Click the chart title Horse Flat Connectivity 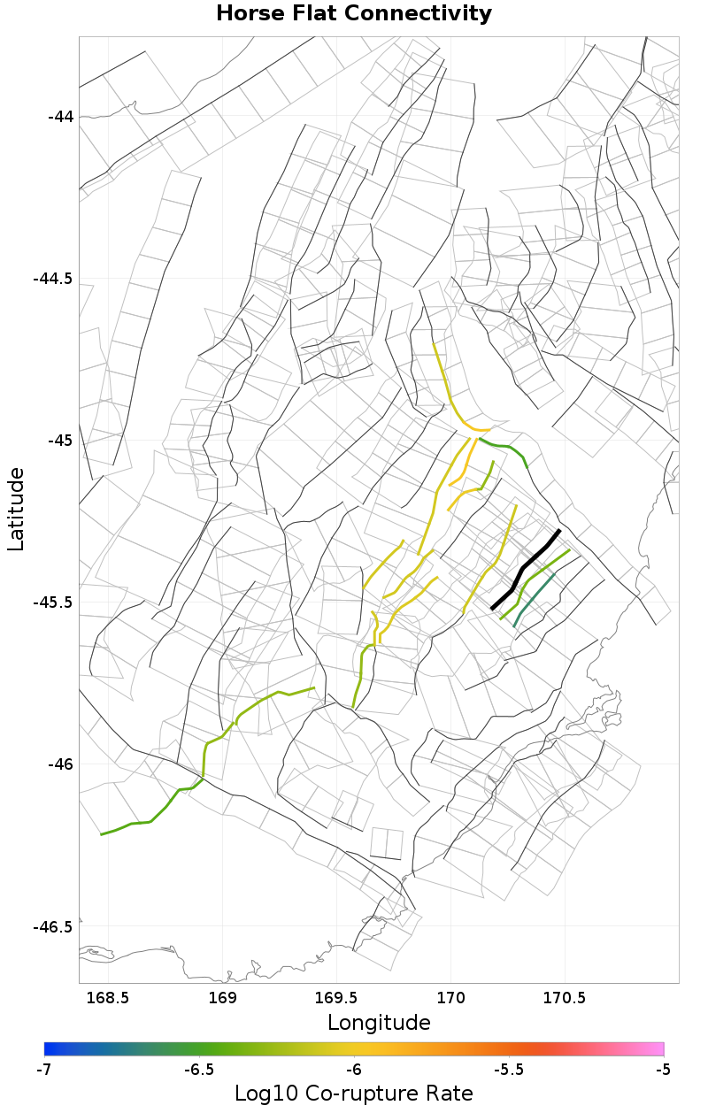[x=354, y=14]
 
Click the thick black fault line [x=526, y=567]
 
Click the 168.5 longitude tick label [x=108, y=998]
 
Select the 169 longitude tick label [x=222, y=998]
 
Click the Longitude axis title [x=379, y=1023]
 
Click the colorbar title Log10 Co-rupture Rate [x=354, y=1094]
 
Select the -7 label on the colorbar [x=43, y=1069]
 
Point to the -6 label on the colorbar [x=354, y=1069]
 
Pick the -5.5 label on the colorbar [x=509, y=1069]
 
